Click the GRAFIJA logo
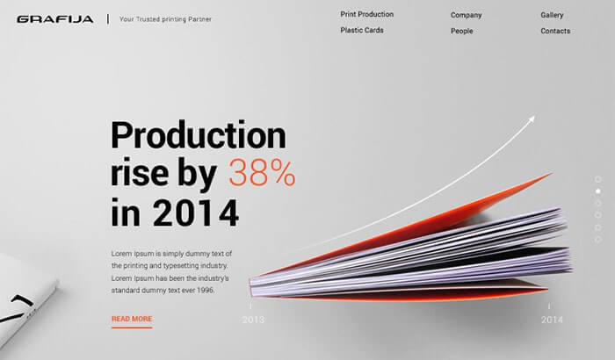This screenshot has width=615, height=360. pos(54,19)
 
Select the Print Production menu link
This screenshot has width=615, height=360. pos(366,14)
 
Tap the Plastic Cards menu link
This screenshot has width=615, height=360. pos(362,30)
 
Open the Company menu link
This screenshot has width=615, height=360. pos(466,15)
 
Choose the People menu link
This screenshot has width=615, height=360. pos(461,31)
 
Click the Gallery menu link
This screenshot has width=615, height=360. pos(552,15)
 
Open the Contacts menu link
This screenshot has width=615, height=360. pos(555,31)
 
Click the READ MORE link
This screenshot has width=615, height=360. pos(132,320)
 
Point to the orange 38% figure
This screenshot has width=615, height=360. pos(262,173)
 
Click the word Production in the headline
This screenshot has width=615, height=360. pos(199,135)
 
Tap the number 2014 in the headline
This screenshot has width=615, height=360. pos(195,212)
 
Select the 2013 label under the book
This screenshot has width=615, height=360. pos(253,320)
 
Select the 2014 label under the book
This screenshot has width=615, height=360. pos(552,320)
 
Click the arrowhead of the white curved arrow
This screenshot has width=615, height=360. pos(532,119)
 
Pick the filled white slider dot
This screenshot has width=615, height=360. pos(597,191)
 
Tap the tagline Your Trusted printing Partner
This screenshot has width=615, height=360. pos(165,19)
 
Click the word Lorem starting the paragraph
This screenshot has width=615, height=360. pos(121,254)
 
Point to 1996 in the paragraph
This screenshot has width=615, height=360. pos(206,291)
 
